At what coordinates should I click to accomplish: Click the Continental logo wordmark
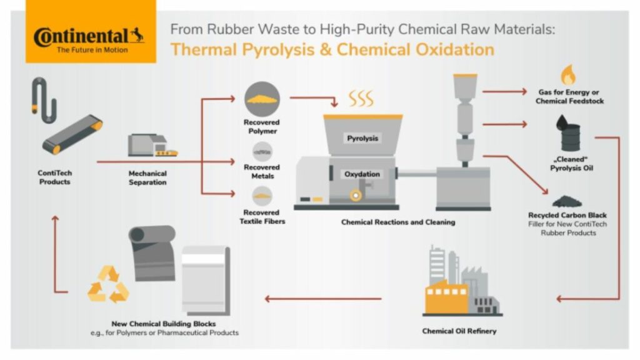click(87, 36)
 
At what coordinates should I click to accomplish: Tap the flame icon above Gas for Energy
click(567, 76)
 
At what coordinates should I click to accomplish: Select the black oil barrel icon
click(568, 134)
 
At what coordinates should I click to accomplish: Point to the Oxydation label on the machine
click(362, 174)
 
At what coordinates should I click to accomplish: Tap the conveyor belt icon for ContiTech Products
click(72, 135)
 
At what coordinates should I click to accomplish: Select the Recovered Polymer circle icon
click(261, 99)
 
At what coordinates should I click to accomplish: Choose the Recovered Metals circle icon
click(261, 151)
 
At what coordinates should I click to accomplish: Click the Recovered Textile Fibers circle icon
click(261, 196)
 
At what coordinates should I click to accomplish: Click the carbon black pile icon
click(566, 201)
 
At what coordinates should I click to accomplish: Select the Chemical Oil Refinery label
click(459, 331)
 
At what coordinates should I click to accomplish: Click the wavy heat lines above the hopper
click(361, 98)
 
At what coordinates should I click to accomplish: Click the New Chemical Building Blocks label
click(164, 324)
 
